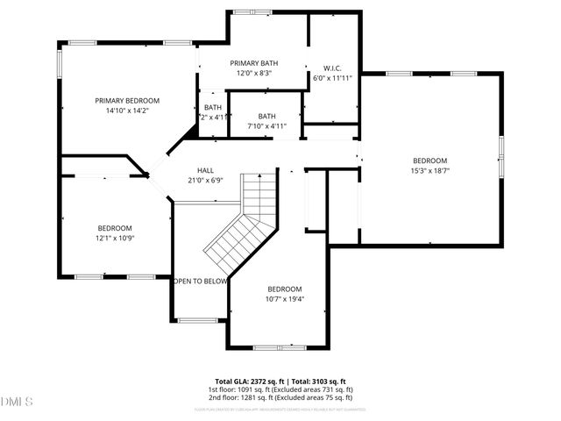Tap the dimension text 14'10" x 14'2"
tap(127, 111)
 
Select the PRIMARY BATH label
tap(254, 63)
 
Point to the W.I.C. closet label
tap(331, 68)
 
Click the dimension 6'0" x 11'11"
tap(331, 78)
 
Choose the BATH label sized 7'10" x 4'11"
tap(266, 116)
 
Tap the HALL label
tap(205, 170)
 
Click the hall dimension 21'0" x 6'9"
tap(205, 181)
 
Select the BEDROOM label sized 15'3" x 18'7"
tap(430, 161)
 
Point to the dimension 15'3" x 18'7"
tap(430, 171)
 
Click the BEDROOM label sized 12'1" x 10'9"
tap(115, 227)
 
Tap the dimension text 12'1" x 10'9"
tap(115, 238)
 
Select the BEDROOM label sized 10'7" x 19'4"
tap(285, 289)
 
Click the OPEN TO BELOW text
tap(201, 282)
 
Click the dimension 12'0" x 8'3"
tap(254, 74)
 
